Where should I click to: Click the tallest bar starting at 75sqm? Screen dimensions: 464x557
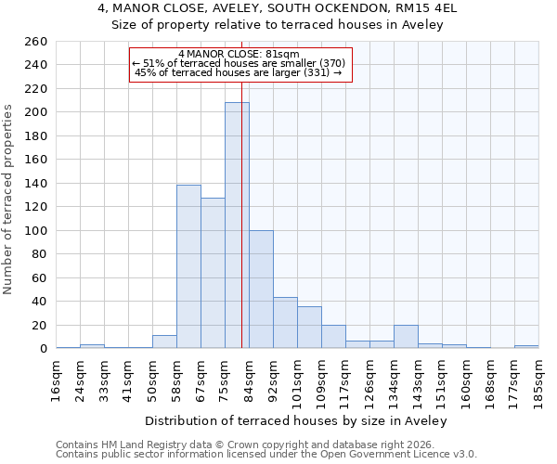[237, 226]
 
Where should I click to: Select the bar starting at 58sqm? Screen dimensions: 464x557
[188, 266]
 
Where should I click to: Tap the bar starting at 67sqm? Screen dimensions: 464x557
[213, 273]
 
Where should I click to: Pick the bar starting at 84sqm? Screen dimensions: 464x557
[261, 290]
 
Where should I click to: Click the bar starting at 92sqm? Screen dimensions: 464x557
[285, 323]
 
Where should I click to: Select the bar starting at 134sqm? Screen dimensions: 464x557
[406, 337]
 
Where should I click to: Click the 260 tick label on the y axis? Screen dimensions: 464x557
[36, 42]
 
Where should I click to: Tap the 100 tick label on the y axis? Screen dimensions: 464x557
[36, 231]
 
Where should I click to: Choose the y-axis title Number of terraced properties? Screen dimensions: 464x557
[8, 200]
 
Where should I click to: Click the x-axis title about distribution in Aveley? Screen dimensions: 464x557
[297, 420]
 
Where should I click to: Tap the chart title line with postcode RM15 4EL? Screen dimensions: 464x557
[278, 8]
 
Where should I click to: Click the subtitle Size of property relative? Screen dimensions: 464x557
[278, 25]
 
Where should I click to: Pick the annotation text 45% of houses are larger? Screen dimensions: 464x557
[239, 72]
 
